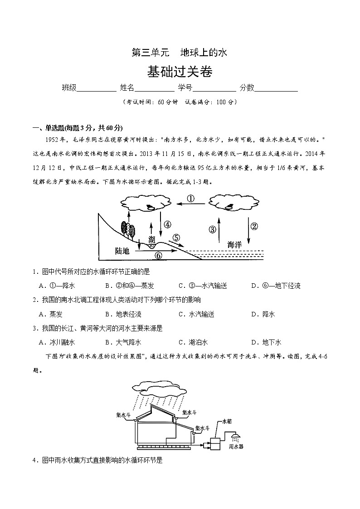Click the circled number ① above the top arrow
191,199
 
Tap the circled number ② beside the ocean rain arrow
254,227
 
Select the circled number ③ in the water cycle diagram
212,229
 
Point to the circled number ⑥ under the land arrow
158,255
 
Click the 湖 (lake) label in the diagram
151,239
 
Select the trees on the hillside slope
127,229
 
